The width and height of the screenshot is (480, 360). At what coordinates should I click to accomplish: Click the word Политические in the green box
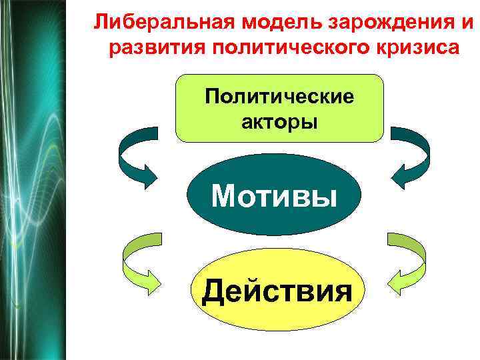[x=279, y=97]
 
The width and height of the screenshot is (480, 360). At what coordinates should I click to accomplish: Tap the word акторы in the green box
[x=279, y=122]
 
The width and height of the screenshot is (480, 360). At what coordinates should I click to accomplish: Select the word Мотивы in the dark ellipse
[x=273, y=196]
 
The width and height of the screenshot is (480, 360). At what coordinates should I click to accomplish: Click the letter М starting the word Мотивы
[x=223, y=196]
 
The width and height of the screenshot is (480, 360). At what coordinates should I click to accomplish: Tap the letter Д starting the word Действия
[x=215, y=291]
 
